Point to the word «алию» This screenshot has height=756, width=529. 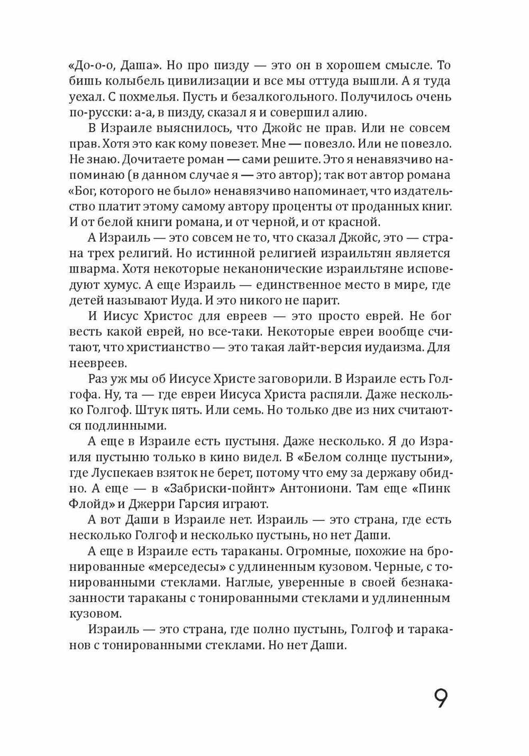pos(349,112)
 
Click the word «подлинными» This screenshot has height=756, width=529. pos(117,425)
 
